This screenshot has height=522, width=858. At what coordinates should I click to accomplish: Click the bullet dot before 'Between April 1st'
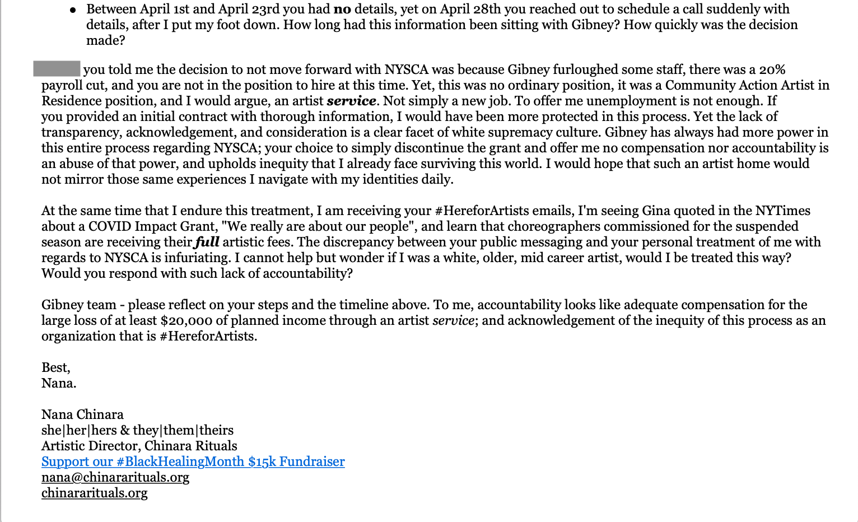pos(73,11)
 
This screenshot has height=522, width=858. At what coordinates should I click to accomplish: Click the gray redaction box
pos(57,69)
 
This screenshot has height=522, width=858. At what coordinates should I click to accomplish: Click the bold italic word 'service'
pos(351,101)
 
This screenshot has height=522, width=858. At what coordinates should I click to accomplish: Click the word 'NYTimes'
pos(782,211)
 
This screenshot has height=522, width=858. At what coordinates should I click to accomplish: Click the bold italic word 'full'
pos(207,243)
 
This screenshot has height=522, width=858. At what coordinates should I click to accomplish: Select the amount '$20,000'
pos(186,321)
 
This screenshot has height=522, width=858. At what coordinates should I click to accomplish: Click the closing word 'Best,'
pos(56,368)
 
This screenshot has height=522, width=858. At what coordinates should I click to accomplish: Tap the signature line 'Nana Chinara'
pos(82,415)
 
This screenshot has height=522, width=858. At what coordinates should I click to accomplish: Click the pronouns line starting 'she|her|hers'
pos(137,431)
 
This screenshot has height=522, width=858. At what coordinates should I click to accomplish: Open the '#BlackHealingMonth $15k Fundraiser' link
pos(193,462)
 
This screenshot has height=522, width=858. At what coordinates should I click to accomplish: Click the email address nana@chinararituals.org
pos(115,478)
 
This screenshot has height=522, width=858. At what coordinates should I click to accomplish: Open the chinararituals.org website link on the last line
pos(94,493)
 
